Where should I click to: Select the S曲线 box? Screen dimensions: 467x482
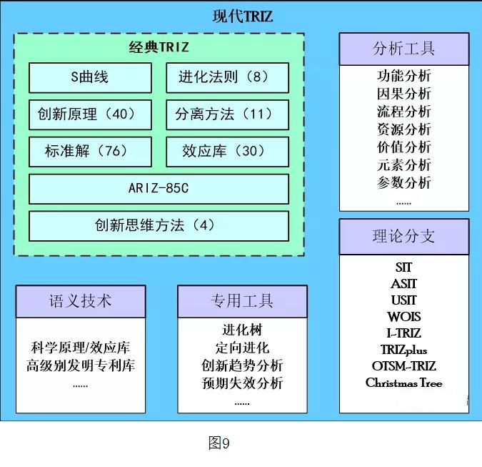[x=90, y=78]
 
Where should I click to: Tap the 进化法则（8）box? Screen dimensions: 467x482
[x=227, y=78]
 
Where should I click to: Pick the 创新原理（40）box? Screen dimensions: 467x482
[x=90, y=114]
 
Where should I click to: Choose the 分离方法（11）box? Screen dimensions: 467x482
[x=227, y=114]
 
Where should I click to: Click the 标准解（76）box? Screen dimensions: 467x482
[x=90, y=152]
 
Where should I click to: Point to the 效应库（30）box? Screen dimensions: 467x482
[x=227, y=152]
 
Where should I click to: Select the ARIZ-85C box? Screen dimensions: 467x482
[x=159, y=189]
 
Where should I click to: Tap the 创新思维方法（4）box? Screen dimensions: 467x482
[x=159, y=226]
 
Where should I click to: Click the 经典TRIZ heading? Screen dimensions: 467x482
[x=159, y=48]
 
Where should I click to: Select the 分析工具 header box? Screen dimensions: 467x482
[x=403, y=49]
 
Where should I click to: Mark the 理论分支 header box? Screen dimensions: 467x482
[x=403, y=237]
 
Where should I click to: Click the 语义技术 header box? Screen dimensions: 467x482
[x=81, y=301]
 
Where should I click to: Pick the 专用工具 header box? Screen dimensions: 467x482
[x=242, y=301]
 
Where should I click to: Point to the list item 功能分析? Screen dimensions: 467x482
[x=404, y=76]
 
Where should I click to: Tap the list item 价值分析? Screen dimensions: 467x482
[x=404, y=147]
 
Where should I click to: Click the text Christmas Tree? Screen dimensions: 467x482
[x=404, y=383]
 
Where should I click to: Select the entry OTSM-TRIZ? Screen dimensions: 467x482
[x=404, y=366]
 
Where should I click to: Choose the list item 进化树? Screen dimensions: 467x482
[x=242, y=330]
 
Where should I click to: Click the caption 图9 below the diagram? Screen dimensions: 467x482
[x=219, y=443]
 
